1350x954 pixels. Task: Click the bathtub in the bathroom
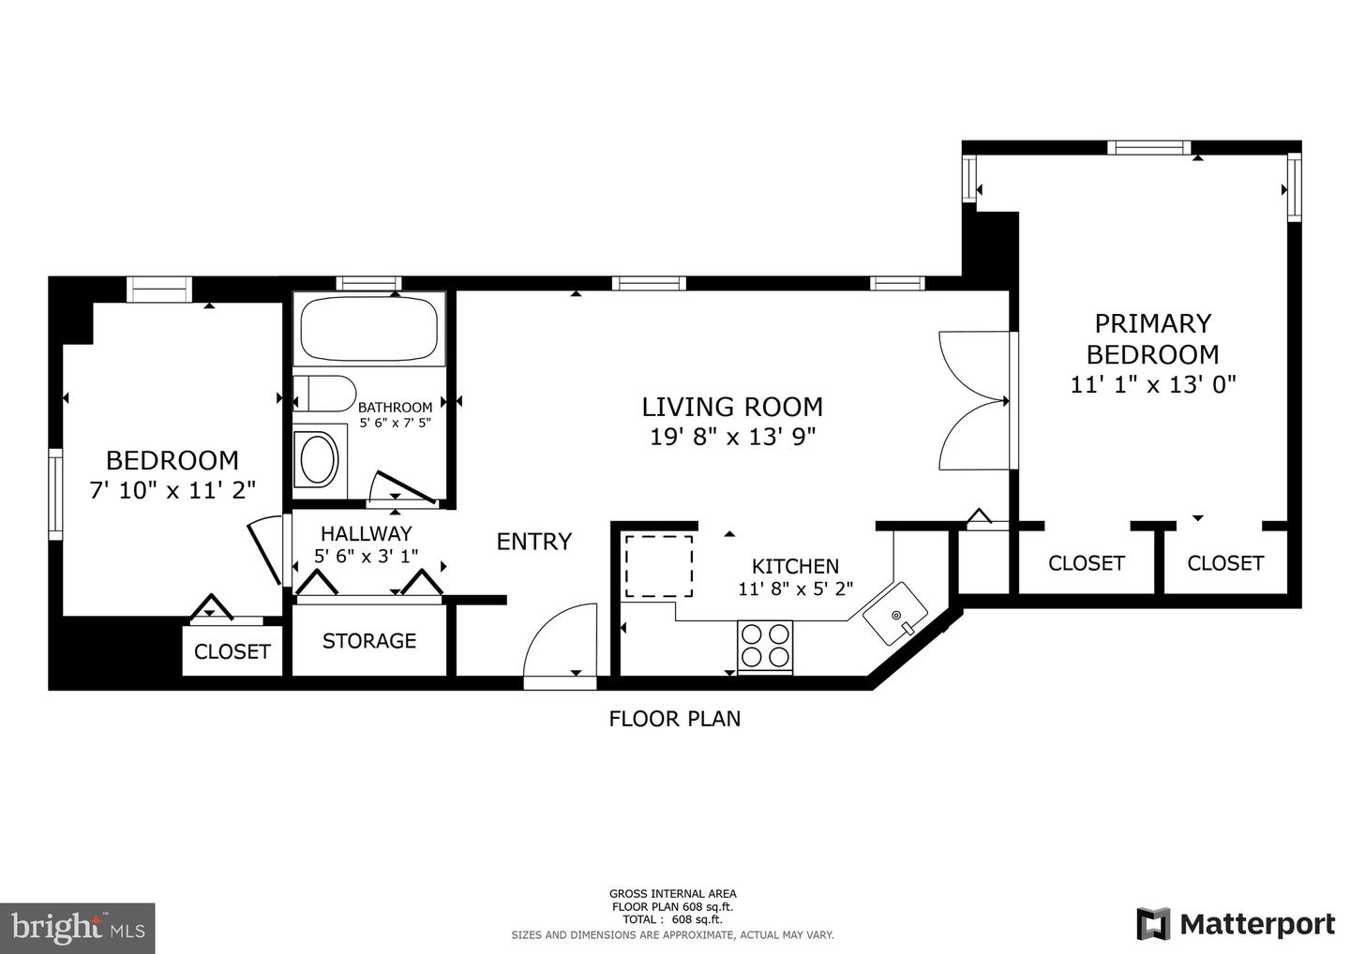pos(368,330)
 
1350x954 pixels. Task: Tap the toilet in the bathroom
pos(323,394)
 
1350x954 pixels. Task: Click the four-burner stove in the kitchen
pos(765,646)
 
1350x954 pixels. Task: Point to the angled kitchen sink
pos(895,614)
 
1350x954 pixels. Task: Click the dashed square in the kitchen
pos(659,566)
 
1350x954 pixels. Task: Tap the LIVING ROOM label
pos(732,407)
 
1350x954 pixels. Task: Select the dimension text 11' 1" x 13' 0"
pos(1153,384)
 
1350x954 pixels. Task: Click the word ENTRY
pos(533,542)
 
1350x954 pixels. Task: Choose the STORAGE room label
pos(369,641)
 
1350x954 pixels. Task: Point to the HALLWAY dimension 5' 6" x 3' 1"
pos(367,556)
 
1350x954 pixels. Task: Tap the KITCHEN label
pos(795,567)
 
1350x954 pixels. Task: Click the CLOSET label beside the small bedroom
pos(232,651)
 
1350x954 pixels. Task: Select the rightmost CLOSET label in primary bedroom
pos(1225,563)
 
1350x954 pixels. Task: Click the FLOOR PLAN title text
pos(674,719)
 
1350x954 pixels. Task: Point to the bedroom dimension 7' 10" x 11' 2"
pos(172,490)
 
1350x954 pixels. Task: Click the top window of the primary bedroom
pos(1148,147)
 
